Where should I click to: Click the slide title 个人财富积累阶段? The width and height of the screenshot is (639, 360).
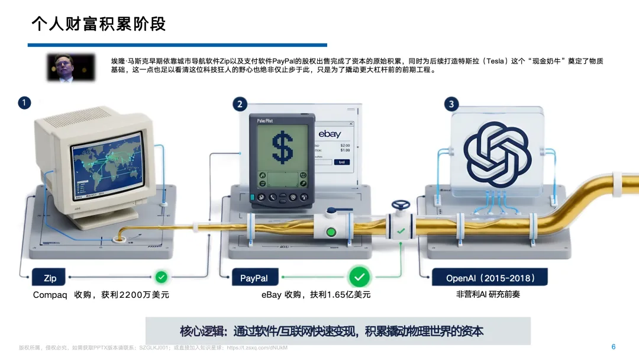(98, 24)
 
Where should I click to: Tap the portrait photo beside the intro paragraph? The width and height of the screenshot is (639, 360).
(71, 67)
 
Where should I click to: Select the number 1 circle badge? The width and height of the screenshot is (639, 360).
(24, 103)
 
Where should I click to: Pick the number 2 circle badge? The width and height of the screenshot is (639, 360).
(240, 104)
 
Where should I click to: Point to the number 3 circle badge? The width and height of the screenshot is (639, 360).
(451, 104)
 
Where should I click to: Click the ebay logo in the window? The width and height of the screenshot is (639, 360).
(330, 134)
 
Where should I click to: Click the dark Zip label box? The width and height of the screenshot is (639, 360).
(50, 278)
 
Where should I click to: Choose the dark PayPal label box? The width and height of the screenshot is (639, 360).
(254, 278)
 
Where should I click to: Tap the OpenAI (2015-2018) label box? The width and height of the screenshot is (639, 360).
(489, 278)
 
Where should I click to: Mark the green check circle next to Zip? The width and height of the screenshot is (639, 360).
(161, 277)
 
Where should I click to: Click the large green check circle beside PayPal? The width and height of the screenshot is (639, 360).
(358, 277)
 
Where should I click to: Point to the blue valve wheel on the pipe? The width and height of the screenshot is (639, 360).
(401, 205)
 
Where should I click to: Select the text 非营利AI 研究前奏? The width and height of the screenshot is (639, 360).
(488, 294)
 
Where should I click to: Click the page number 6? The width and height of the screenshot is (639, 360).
(614, 346)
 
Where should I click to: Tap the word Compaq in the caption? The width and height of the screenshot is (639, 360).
(50, 295)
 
